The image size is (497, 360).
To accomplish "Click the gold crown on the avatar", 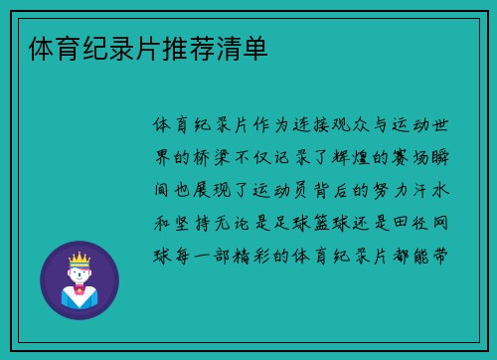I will click(79, 258).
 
